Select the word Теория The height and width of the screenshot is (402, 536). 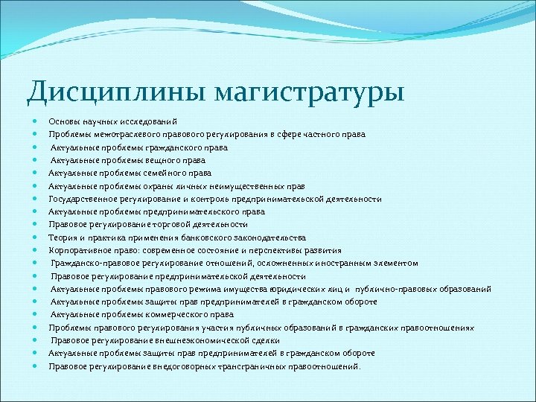[x=62, y=237]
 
